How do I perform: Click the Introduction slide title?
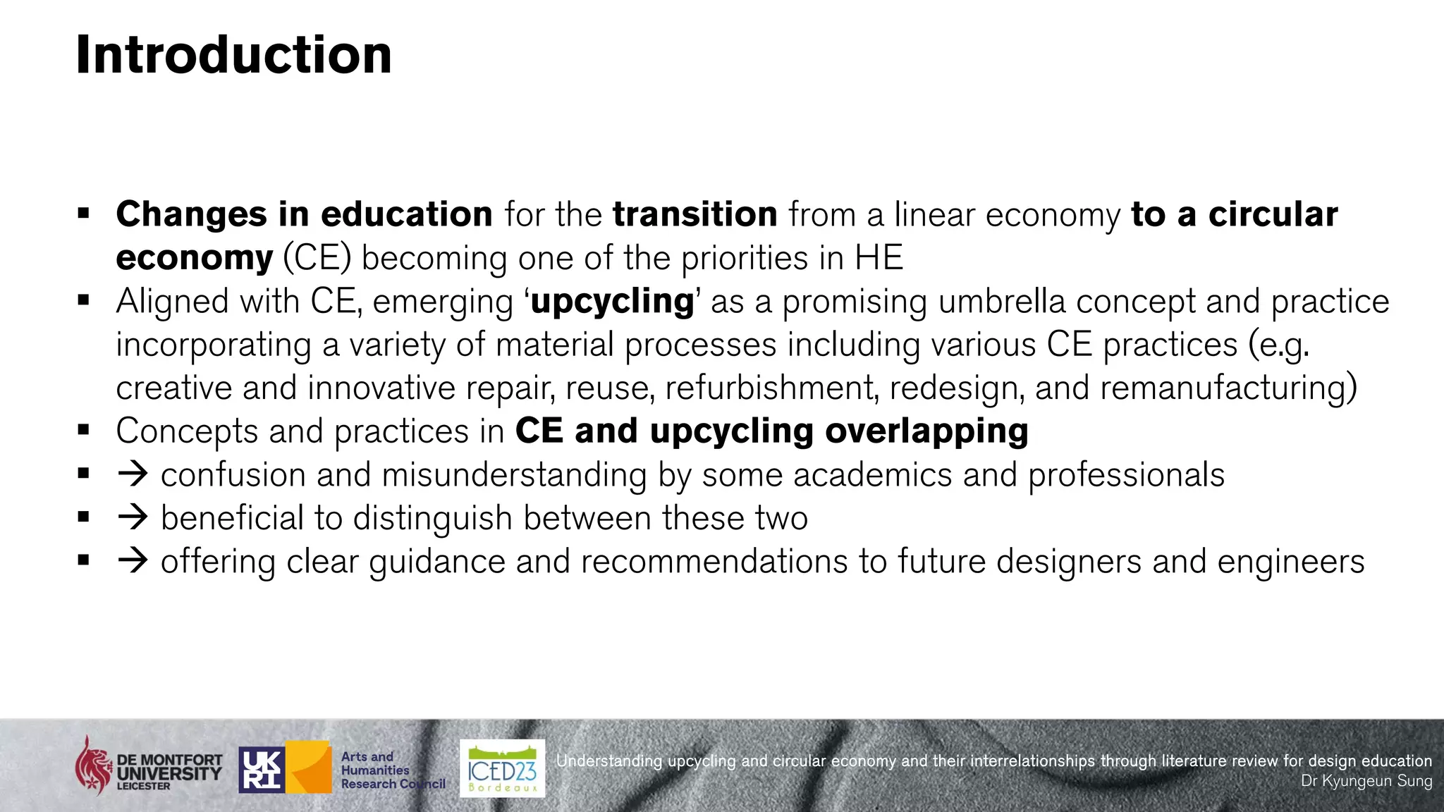click(233, 55)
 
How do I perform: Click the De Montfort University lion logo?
click(94, 765)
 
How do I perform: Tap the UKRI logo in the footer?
click(262, 769)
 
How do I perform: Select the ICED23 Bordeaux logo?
click(502, 768)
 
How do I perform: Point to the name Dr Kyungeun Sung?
click(1366, 781)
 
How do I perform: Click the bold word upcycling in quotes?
click(612, 302)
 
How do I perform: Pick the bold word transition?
click(695, 214)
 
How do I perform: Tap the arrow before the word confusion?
click(133, 474)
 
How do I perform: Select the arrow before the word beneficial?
click(133, 517)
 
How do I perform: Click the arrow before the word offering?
click(133, 561)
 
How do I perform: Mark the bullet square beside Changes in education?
click(84, 213)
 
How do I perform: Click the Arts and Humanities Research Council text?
click(392, 770)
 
